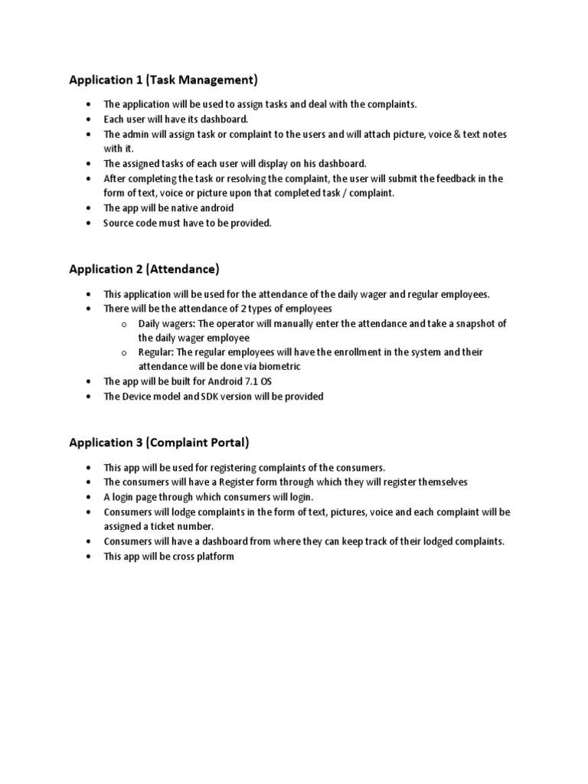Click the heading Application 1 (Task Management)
click(163, 79)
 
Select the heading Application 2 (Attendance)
click(144, 269)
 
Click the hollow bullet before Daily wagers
click(123, 325)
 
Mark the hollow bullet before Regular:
click(123, 353)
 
